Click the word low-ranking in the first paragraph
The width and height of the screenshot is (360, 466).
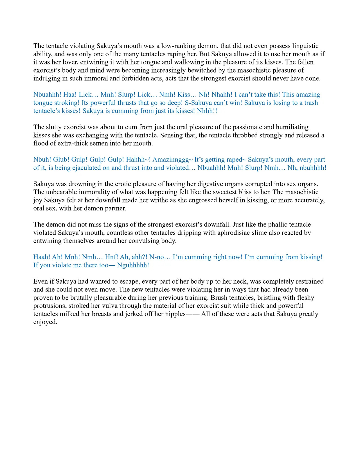click(x=178, y=46)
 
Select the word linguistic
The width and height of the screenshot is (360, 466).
click(x=305, y=46)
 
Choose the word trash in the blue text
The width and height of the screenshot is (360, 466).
click(x=311, y=103)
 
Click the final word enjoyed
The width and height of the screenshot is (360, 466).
click(x=45, y=322)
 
